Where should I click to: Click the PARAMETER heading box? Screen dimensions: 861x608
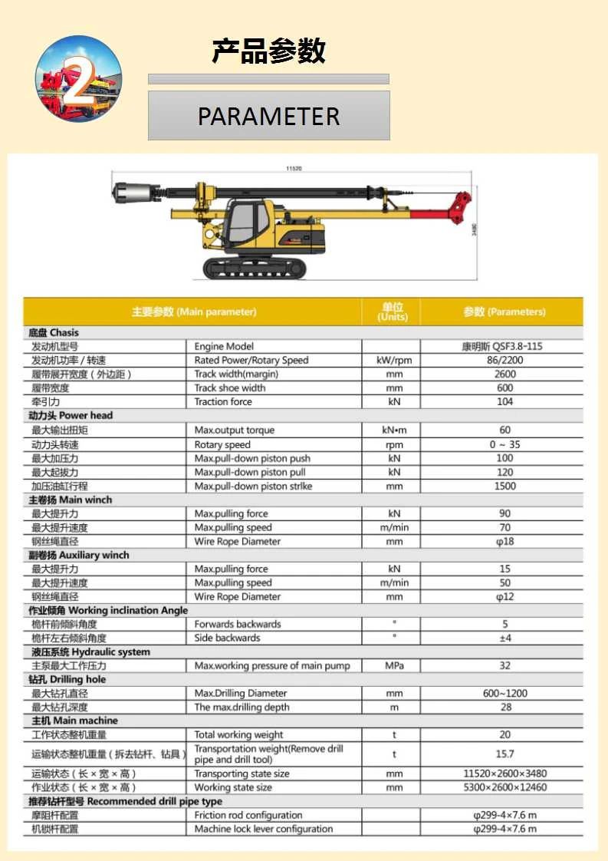[268, 116]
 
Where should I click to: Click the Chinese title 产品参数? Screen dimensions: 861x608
[268, 51]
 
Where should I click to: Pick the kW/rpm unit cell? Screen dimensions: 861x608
[394, 361]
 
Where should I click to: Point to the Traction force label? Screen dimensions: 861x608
[223, 402]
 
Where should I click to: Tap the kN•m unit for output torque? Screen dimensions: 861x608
[394, 430]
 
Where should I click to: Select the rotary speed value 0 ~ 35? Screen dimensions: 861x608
[504, 445]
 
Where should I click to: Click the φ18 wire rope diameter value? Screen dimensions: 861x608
[504, 542]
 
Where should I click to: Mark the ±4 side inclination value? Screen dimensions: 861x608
[504, 638]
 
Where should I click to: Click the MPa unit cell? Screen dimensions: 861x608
[394, 666]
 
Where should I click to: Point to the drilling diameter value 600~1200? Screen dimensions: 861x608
[504, 694]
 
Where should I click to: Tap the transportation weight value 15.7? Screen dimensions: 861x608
[504, 754]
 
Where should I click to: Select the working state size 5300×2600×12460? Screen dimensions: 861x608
[504, 788]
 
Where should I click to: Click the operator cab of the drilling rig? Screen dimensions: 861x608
[250, 223]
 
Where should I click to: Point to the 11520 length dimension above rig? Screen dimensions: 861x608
[294, 167]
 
